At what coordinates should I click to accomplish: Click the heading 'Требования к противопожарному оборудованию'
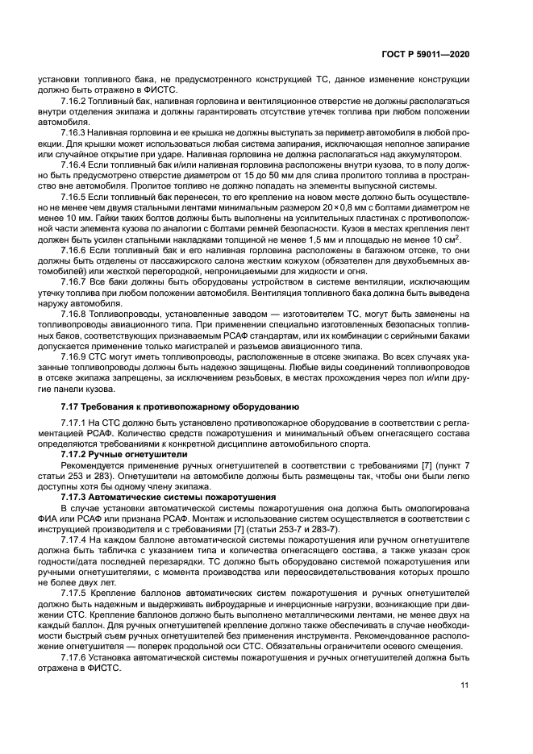click(x=193, y=406)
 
